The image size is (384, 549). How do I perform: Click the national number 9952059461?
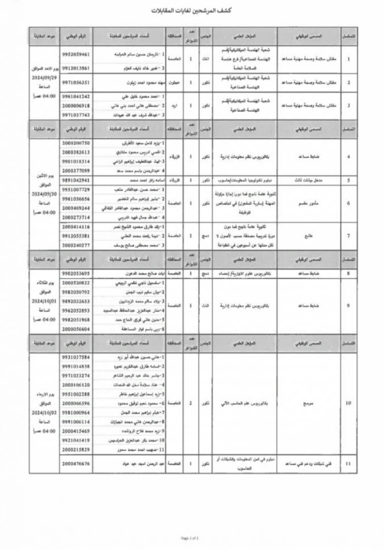[76, 54]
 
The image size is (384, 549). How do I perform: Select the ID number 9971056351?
[76, 82]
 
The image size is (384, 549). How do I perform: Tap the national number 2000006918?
[76, 106]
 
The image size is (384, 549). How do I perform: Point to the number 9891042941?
[76, 180]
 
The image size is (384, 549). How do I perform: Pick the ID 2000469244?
[76, 208]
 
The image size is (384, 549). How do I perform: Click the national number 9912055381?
[76, 236]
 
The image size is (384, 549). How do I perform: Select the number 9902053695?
[76, 274]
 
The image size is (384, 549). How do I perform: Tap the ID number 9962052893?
[76, 310]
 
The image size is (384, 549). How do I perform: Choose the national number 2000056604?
[76, 329]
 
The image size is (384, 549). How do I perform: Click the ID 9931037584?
[76, 357]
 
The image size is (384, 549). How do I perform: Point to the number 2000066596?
[76, 403]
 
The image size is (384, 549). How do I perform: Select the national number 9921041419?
[76, 440]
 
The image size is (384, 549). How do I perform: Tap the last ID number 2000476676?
[76, 463]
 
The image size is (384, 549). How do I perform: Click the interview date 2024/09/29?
[44, 78]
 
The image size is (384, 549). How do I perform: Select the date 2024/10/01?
[44, 301]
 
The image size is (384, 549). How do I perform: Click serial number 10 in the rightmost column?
[348, 403]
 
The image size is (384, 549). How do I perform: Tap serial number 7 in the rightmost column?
[348, 236]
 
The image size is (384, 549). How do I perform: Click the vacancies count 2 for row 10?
[190, 403]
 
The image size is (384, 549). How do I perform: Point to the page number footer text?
[190, 538]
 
